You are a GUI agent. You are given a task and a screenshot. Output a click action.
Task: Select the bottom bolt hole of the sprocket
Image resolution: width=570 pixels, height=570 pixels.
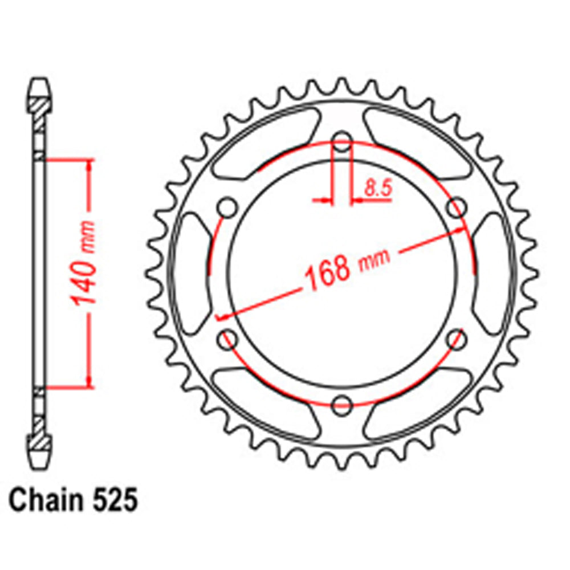click(x=342, y=405)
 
